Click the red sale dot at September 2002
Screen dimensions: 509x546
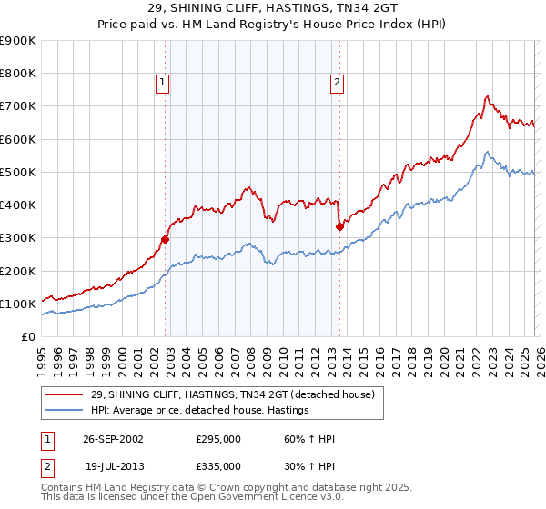pyautogui.click(x=166, y=240)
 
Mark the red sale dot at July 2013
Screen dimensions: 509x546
pyautogui.click(x=339, y=226)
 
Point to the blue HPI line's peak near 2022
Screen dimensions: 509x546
pyautogui.click(x=488, y=152)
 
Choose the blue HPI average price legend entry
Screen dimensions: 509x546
pyautogui.click(x=199, y=410)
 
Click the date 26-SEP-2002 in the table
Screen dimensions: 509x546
pyautogui.click(x=113, y=439)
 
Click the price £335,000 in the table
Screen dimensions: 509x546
pyautogui.click(x=218, y=465)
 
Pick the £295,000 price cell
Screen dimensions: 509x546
pyautogui.click(x=218, y=439)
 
